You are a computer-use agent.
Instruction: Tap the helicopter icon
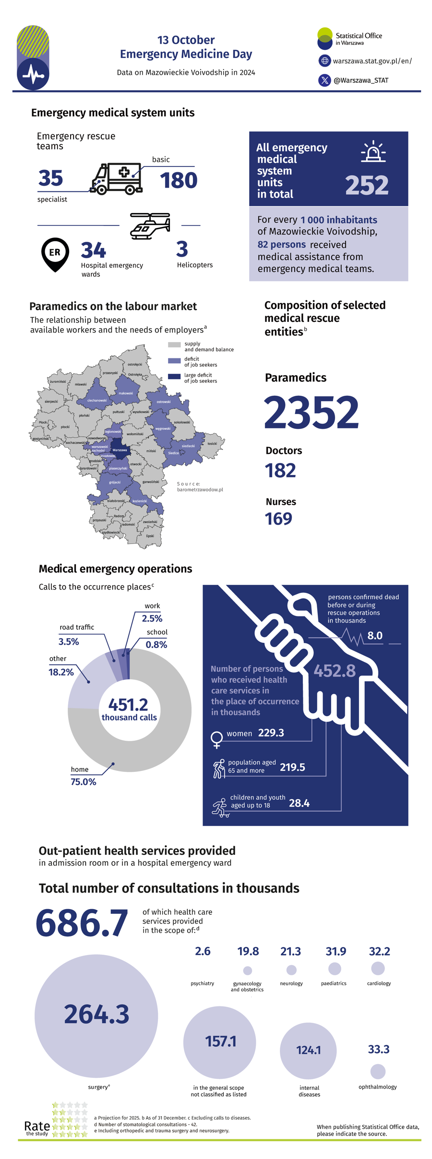(150, 226)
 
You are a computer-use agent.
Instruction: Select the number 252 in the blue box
(366, 185)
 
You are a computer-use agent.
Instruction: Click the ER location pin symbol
(55, 253)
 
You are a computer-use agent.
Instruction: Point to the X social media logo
(324, 80)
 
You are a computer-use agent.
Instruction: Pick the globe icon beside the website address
(324, 61)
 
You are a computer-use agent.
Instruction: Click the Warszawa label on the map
(120, 450)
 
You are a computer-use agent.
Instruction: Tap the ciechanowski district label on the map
(97, 400)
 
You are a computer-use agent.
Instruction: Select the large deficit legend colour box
(174, 377)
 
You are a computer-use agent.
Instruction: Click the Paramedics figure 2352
(311, 413)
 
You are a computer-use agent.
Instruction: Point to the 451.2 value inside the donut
(128, 704)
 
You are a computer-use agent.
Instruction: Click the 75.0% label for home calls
(84, 781)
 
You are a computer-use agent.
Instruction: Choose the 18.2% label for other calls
(61, 672)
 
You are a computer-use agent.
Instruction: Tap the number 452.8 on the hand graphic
(335, 670)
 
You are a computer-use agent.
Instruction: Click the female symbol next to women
(217, 739)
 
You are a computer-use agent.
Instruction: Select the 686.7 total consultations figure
(82, 922)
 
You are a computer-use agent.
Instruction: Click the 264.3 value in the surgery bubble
(96, 1014)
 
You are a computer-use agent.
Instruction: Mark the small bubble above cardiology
(378, 968)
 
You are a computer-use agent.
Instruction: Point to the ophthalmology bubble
(378, 1071)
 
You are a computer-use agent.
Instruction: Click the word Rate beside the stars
(37, 1125)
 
